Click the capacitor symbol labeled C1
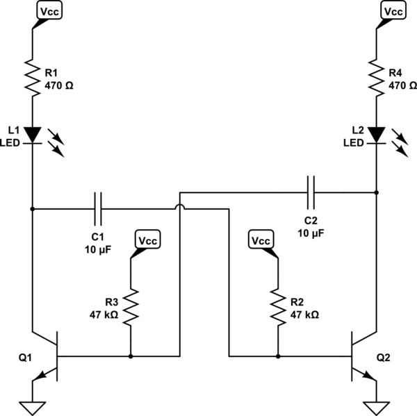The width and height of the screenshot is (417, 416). (98, 208)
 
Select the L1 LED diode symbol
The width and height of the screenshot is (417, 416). (33, 134)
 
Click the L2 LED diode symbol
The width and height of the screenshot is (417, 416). (376, 134)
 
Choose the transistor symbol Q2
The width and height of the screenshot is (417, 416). (360, 357)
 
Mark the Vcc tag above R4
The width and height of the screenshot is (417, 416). (393, 12)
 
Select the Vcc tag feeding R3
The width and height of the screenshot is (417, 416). (148, 240)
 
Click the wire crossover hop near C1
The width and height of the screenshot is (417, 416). (179, 208)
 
